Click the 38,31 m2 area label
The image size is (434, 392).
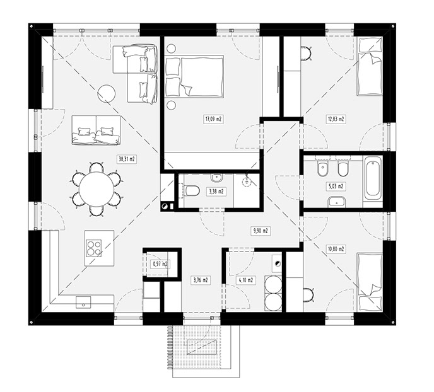coord(127,159)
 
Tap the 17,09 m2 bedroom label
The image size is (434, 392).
coord(213,119)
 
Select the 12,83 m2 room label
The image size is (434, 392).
coord(336,119)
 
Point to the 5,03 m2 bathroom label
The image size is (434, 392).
coord(336,187)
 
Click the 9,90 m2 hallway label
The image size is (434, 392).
coord(261,231)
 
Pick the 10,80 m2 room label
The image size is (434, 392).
coord(336,249)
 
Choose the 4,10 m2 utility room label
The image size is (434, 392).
coord(246,280)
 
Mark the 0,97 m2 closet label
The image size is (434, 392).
coord(160,264)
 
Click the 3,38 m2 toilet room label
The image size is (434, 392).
coord(216,192)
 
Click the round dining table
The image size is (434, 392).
coord(97,189)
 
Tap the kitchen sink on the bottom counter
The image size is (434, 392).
coord(83,302)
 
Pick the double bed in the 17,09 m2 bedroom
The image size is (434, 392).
coord(194,76)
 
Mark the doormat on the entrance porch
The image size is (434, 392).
coord(202,347)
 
